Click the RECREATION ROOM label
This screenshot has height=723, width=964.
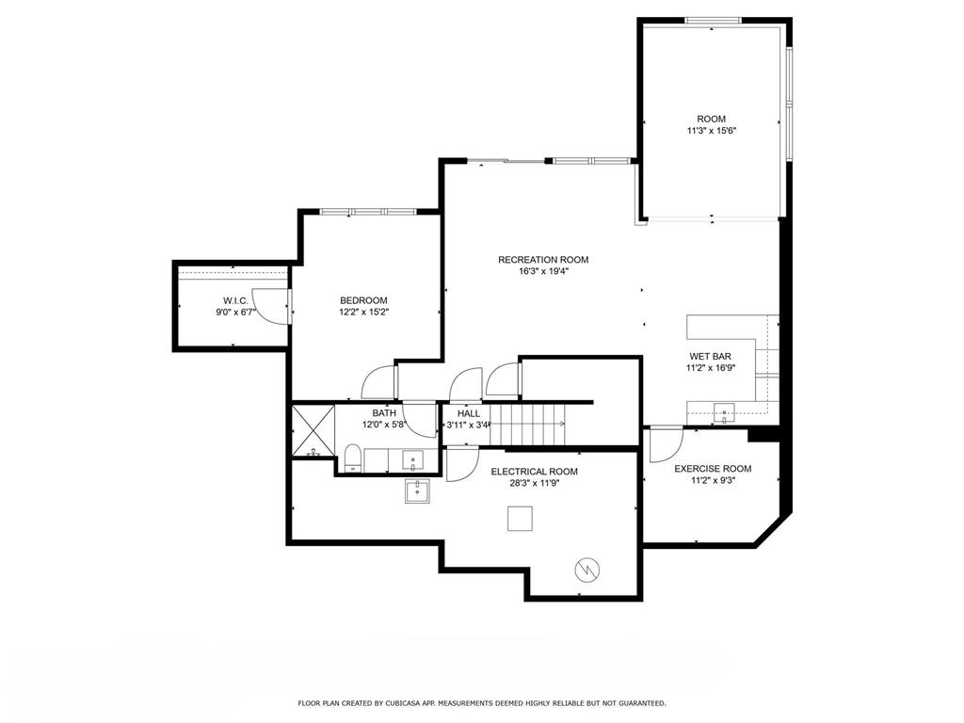coord(543,260)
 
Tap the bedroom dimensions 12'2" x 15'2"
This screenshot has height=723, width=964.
coord(364,312)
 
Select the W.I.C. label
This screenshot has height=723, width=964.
coord(235,300)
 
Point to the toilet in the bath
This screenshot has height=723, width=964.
coord(352,458)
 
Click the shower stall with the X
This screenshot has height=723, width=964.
coord(313,429)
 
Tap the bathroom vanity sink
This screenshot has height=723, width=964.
coord(412,459)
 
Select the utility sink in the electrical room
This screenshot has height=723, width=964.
coord(417,491)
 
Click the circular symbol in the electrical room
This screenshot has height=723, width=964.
coord(586,570)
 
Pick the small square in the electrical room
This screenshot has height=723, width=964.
coord(520,519)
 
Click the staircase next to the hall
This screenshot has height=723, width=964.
coord(527,425)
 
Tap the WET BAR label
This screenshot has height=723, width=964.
coord(710,357)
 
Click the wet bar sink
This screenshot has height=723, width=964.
coord(725,412)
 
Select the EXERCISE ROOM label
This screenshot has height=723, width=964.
coord(713,469)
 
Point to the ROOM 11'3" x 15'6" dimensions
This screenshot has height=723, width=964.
coord(712,130)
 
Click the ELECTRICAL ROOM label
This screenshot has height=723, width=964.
coord(535,472)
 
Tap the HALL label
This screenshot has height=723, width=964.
coord(469,414)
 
